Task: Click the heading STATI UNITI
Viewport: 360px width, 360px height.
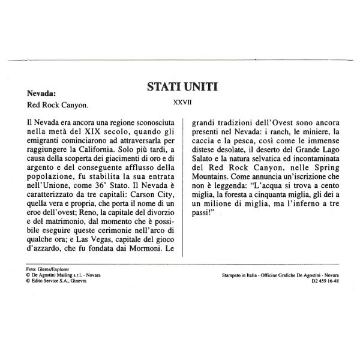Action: coord(182,88)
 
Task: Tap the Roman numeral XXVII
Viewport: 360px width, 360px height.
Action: coord(182,103)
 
